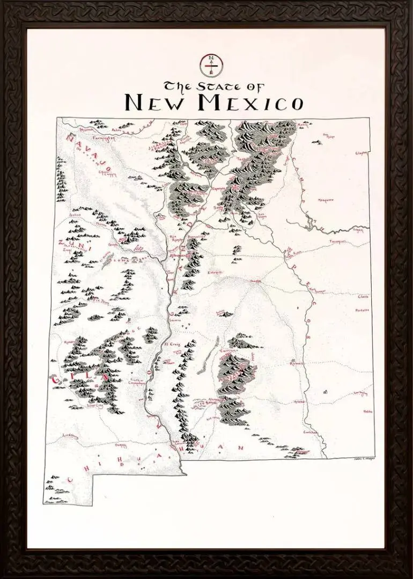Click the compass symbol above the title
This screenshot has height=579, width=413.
(x=211, y=65)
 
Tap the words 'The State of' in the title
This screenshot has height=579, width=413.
(x=213, y=86)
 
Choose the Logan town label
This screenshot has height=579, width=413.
(x=357, y=230)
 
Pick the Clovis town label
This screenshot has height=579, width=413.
(x=363, y=296)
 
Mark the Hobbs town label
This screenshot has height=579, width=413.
(x=367, y=412)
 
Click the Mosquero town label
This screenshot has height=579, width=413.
(x=326, y=200)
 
